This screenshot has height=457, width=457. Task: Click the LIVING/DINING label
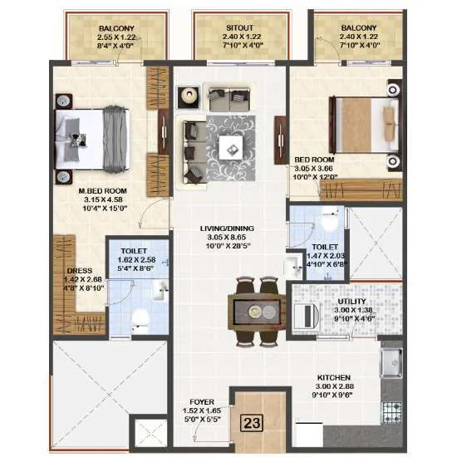(x=226, y=228)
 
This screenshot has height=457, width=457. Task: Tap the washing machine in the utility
(x=308, y=315)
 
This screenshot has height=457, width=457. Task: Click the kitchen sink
(x=389, y=363)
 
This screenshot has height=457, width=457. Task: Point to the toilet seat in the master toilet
(x=141, y=317)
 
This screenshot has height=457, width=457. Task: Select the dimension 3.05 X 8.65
(x=226, y=237)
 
